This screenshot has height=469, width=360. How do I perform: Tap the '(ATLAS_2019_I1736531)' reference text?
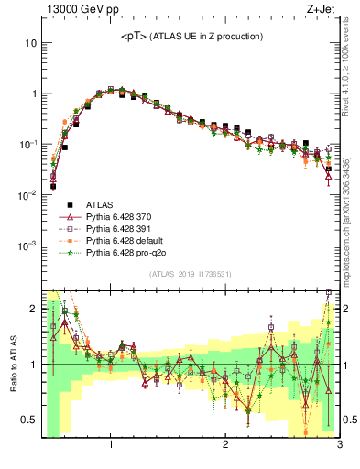click(x=190, y=274)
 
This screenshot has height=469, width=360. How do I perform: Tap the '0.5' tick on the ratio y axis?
click(x=28, y=420)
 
